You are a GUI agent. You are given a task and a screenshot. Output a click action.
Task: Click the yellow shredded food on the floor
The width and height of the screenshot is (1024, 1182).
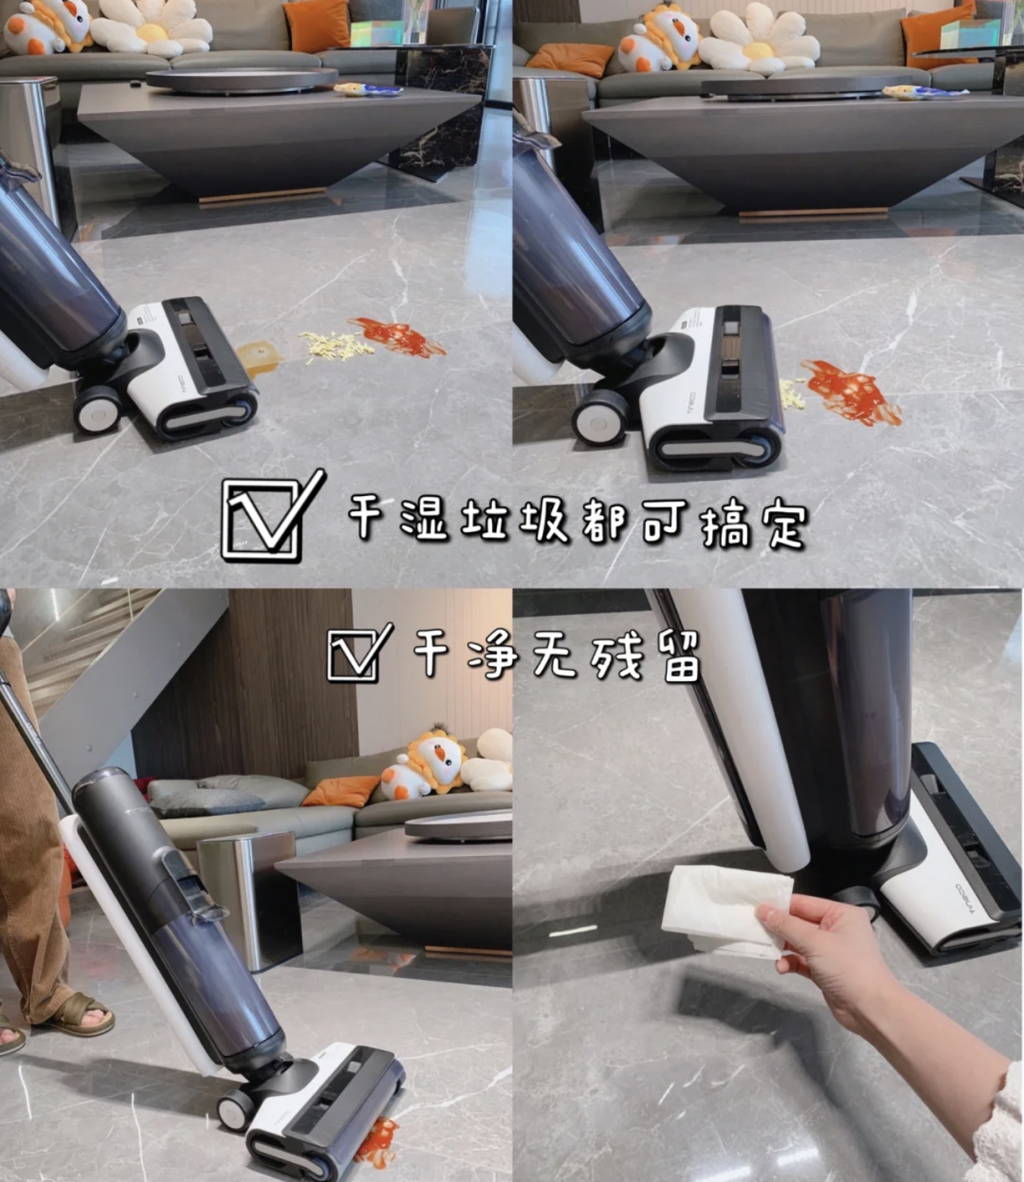coord(336,345)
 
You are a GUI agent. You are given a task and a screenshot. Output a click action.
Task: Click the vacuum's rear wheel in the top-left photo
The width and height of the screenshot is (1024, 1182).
coord(97,410)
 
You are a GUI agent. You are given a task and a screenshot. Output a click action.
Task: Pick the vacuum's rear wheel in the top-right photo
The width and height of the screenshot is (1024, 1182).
coord(597,416)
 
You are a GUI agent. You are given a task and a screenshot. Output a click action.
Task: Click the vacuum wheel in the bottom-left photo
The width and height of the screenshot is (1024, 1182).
coord(235,1109)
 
